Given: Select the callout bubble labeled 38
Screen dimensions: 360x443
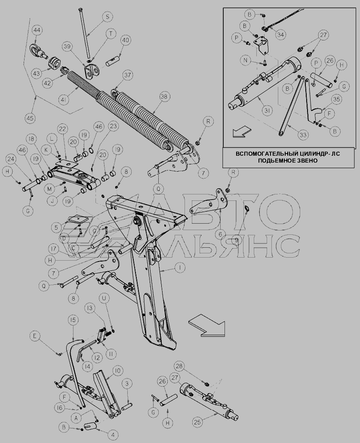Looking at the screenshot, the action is [165, 97].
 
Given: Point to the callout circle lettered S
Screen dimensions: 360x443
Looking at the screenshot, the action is [107, 17].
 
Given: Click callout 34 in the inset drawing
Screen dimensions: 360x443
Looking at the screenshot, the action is [280, 35].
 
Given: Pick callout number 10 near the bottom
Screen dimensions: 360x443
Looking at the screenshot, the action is [117, 371].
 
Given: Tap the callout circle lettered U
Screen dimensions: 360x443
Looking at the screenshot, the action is [104, 298].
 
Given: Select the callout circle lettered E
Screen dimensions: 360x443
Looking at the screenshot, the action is [35, 336].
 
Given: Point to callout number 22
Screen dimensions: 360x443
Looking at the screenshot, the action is [63, 129].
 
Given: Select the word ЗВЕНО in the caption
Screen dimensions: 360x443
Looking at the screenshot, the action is [307, 160].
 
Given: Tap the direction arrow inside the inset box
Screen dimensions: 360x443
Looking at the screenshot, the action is [242, 132].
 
